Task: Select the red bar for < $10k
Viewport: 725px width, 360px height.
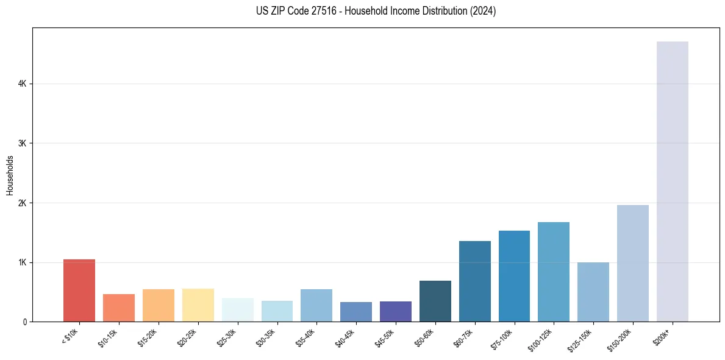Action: tap(79, 290)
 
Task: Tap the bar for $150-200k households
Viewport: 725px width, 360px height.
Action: tap(633, 263)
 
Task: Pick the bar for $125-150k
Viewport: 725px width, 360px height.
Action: tap(593, 292)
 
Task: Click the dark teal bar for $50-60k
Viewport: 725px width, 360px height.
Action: tap(435, 301)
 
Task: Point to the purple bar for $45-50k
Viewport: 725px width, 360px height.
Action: tap(396, 311)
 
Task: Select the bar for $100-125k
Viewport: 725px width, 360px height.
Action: tap(554, 272)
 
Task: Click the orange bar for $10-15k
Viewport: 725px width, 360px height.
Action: tap(119, 308)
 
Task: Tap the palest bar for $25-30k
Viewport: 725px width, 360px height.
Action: tap(238, 310)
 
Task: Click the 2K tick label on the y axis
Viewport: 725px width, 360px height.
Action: tap(23, 203)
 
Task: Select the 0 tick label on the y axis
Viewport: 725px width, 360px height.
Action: tap(26, 322)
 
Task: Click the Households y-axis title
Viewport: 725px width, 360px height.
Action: tap(10, 175)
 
